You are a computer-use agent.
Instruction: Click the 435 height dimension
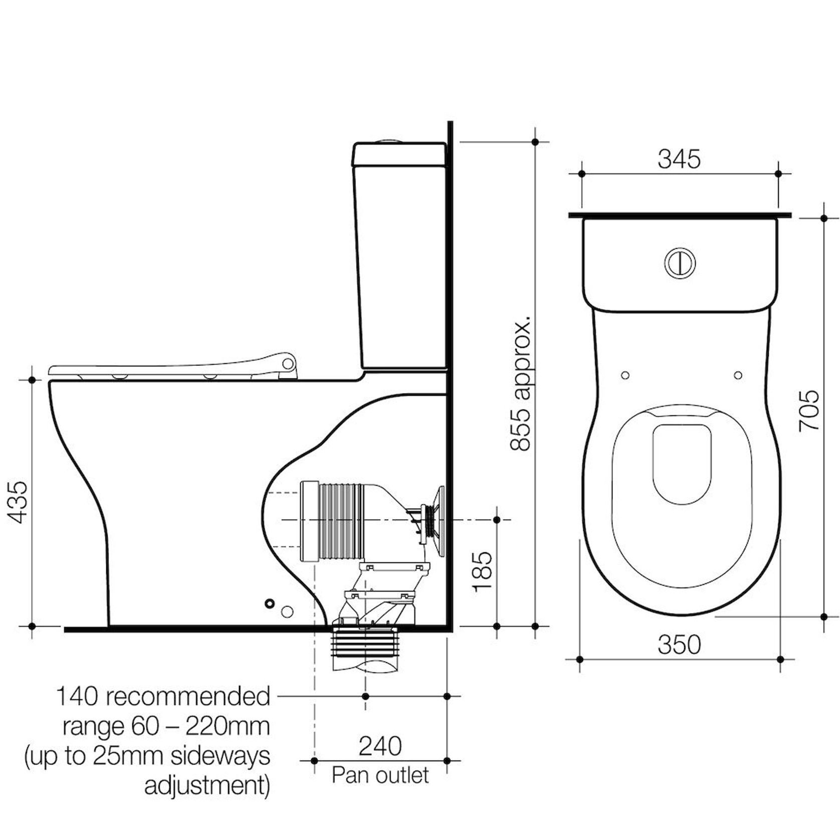click(x=19, y=502)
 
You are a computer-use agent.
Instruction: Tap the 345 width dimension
click(x=679, y=159)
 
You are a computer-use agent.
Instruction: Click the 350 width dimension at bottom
click(x=679, y=645)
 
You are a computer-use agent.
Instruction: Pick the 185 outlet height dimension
click(x=483, y=571)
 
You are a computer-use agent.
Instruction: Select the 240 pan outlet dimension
click(x=380, y=746)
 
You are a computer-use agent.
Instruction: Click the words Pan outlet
click(x=380, y=775)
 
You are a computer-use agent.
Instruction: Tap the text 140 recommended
click(x=163, y=697)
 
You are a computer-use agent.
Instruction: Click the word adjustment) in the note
click(x=207, y=786)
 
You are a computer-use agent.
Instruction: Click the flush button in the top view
click(x=680, y=262)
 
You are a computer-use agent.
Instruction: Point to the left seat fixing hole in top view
click(x=625, y=375)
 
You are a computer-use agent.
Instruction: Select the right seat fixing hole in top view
click(x=738, y=375)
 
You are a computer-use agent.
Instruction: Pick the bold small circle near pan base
click(x=270, y=603)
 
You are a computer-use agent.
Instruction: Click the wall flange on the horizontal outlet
click(x=439, y=521)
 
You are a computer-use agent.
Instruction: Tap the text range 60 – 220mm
click(x=165, y=726)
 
